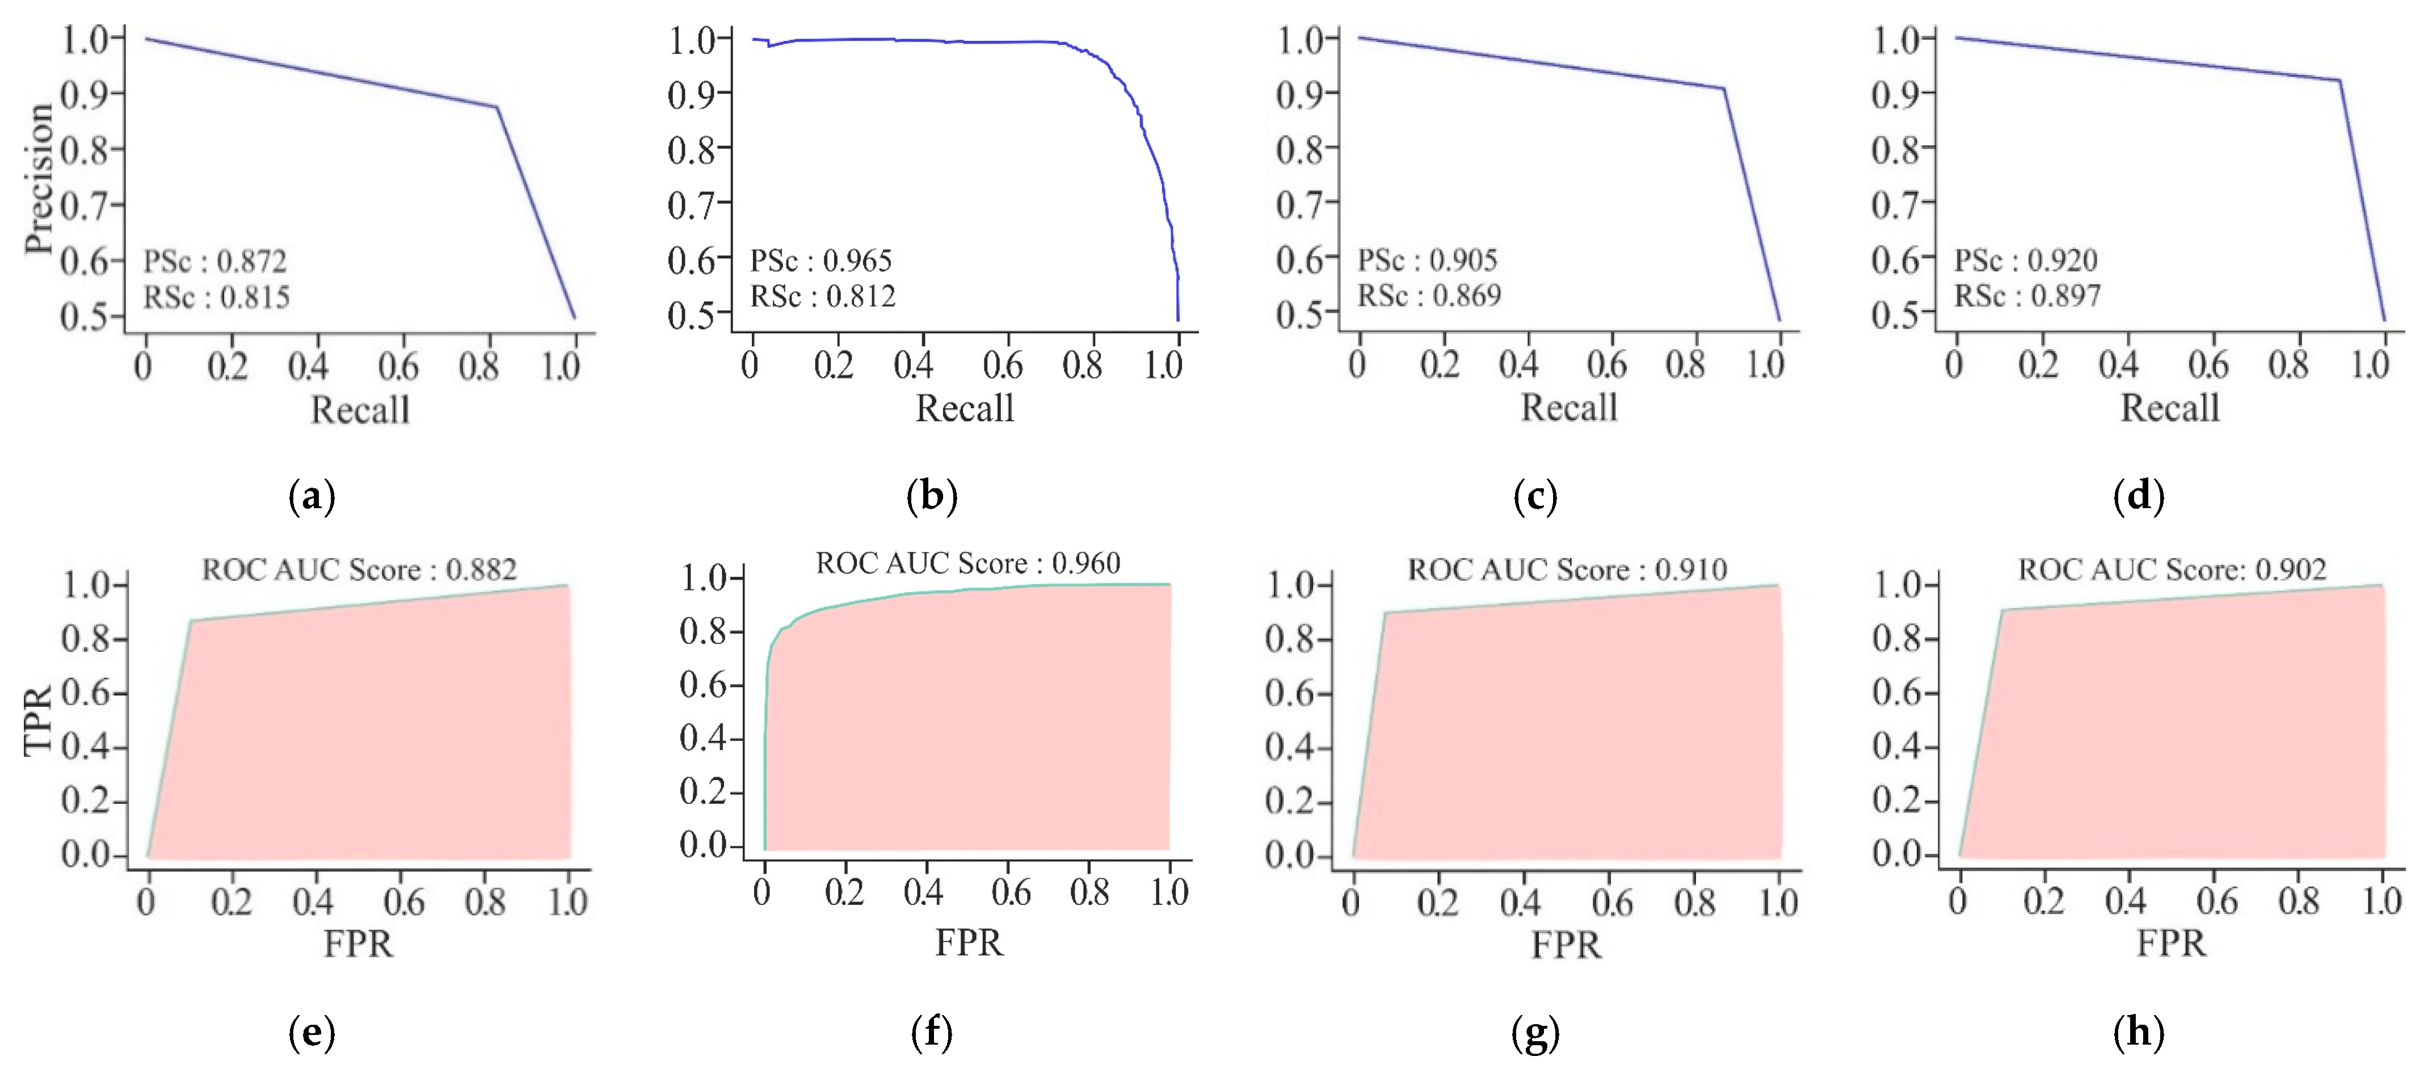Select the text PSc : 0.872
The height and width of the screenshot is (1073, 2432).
click(214, 261)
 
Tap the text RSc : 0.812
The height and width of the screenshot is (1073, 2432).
click(822, 296)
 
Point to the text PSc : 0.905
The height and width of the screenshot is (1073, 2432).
click(1428, 260)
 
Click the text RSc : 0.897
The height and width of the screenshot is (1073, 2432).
click(2027, 296)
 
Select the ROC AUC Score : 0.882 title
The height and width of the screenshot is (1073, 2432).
click(359, 569)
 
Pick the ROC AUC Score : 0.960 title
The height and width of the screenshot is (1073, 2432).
click(967, 563)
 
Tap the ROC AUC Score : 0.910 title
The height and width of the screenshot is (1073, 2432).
click(1567, 569)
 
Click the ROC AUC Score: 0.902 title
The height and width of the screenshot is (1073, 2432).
click(2172, 569)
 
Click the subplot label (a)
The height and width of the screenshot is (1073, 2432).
click(312, 496)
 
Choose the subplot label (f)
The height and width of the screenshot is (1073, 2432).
click(932, 1032)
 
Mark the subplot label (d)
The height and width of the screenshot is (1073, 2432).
click(2139, 496)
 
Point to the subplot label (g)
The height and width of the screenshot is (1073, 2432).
click(1535, 1032)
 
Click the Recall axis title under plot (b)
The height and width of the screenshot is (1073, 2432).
click(965, 409)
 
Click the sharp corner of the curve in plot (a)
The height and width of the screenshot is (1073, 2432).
click(497, 107)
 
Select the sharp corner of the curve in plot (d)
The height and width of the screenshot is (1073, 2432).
click(2340, 80)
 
